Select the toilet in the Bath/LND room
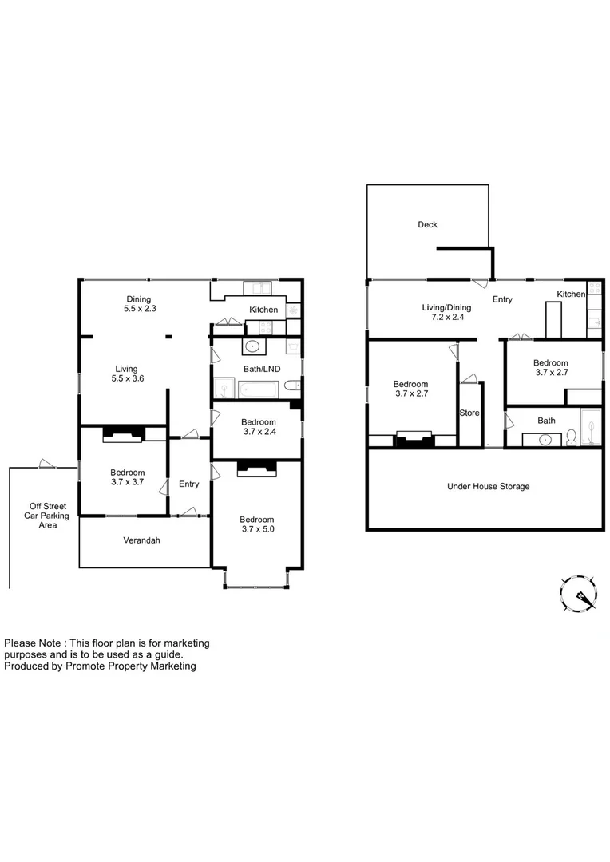[292, 386]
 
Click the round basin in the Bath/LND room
[253, 347]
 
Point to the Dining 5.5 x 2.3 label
[137, 304]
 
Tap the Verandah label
[141, 540]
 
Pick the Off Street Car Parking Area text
[49, 516]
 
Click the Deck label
[427, 225]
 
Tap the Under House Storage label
[489, 486]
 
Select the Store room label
[469, 413]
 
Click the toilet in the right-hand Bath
[572, 438]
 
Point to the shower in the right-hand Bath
[590, 426]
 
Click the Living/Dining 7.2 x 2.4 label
[446, 312]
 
